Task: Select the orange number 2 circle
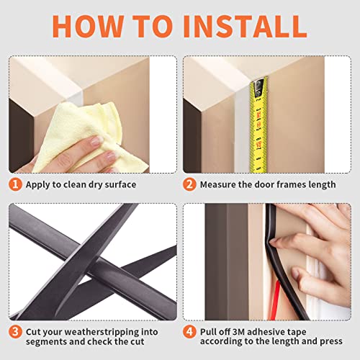click(x=189, y=184)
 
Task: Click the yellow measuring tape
click(x=256, y=122)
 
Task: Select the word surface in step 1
click(x=117, y=184)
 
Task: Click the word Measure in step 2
click(x=220, y=184)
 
